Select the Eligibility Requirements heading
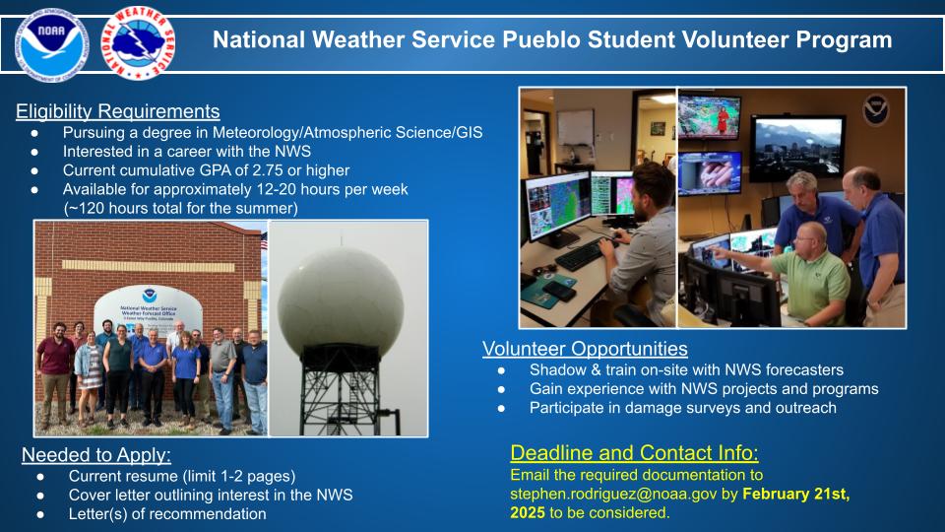pyautogui.click(x=118, y=111)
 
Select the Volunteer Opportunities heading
pyautogui.click(x=585, y=349)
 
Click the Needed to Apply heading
pyautogui.click(x=96, y=455)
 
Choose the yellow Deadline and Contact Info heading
pyautogui.click(x=634, y=453)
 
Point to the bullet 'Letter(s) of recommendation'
pyautogui.click(x=167, y=513)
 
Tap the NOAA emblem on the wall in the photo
pyautogui.click(x=876, y=109)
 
